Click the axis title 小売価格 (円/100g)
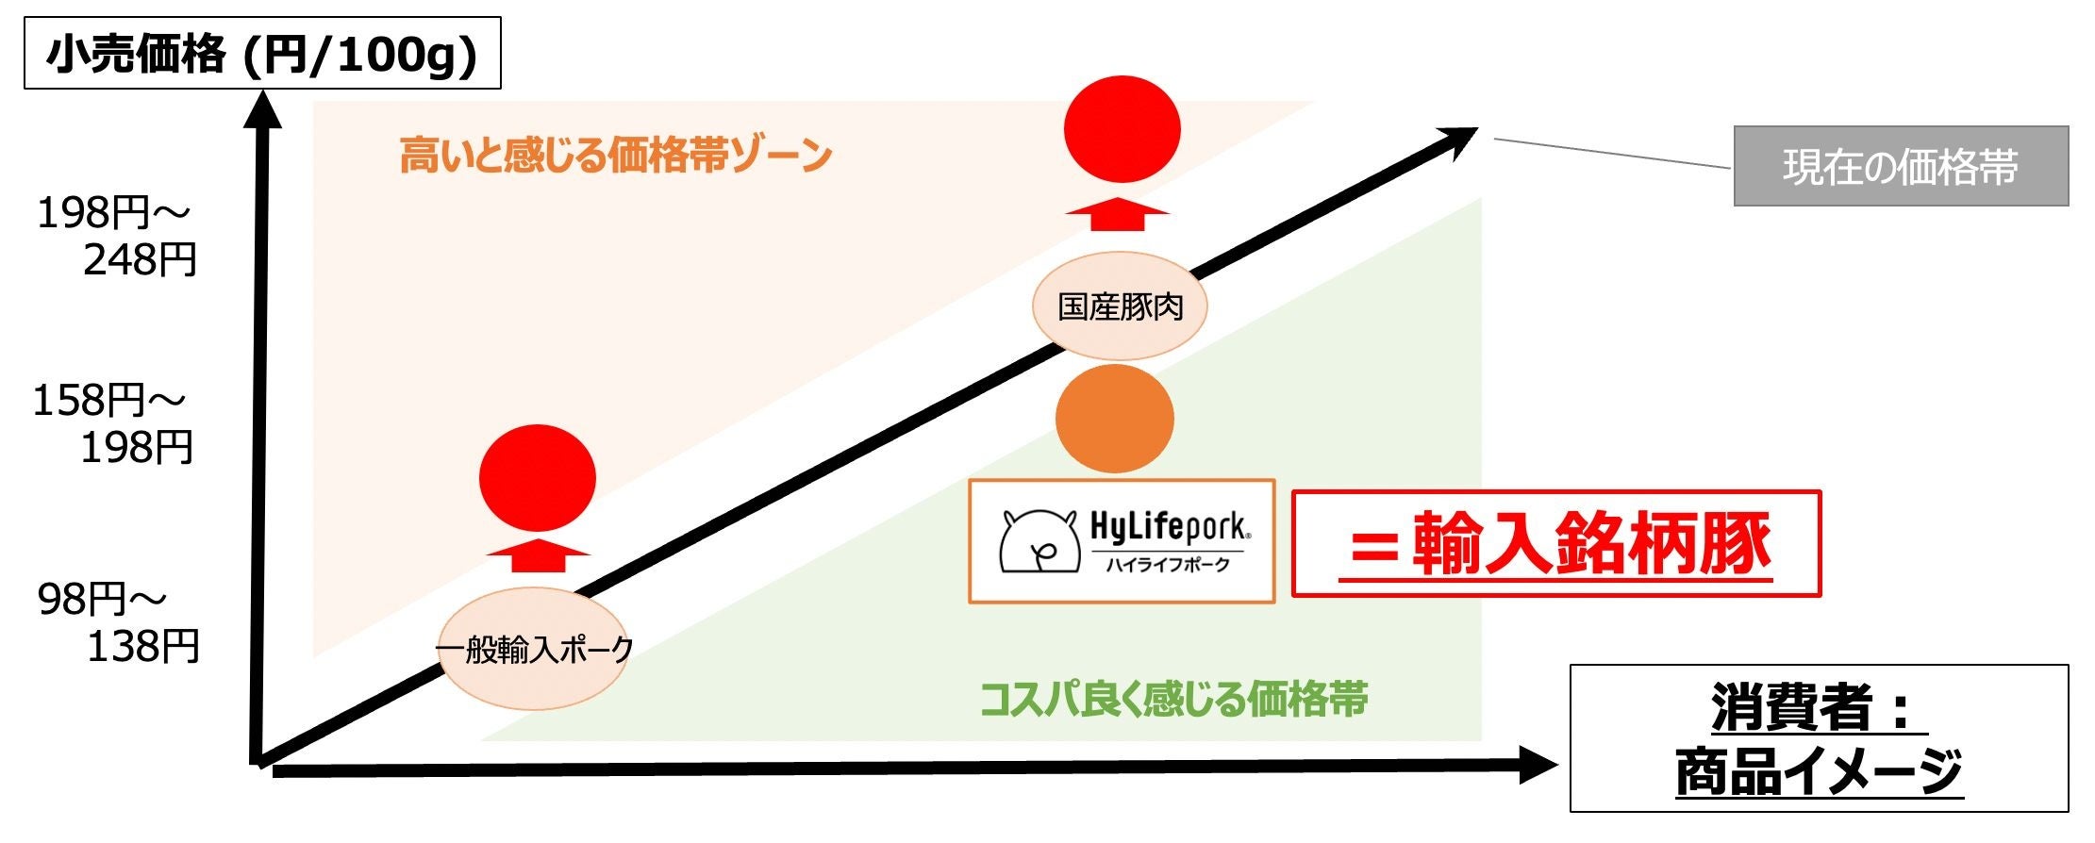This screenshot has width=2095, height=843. click(x=262, y=54)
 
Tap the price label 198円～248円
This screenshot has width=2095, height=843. click(x=116, y=236)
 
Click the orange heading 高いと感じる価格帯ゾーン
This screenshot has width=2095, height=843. click(x=615, y=155)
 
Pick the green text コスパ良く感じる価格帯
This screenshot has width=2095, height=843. click(x=1173, y=700)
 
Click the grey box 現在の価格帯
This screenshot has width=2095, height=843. click(x=1900, y=167)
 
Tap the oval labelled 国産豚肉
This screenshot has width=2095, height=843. click(x=1120, y=306)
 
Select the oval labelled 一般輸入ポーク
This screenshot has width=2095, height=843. click(x=535, y=649)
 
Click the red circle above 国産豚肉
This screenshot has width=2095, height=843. click(x=1122, y=129)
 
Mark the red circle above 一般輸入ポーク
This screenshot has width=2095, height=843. click(x=538, y=478)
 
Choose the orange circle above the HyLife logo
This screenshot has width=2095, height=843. click(x=1115, y=419)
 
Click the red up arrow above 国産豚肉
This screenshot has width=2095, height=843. click(x=1118, y=214)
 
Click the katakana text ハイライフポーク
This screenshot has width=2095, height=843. click(x=1168, y=565)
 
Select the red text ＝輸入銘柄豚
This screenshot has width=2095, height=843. click(x=1555, y=544)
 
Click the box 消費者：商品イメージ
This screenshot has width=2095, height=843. click(x=1818, y=738)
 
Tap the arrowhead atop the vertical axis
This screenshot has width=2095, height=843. click(x=263, y=107)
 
